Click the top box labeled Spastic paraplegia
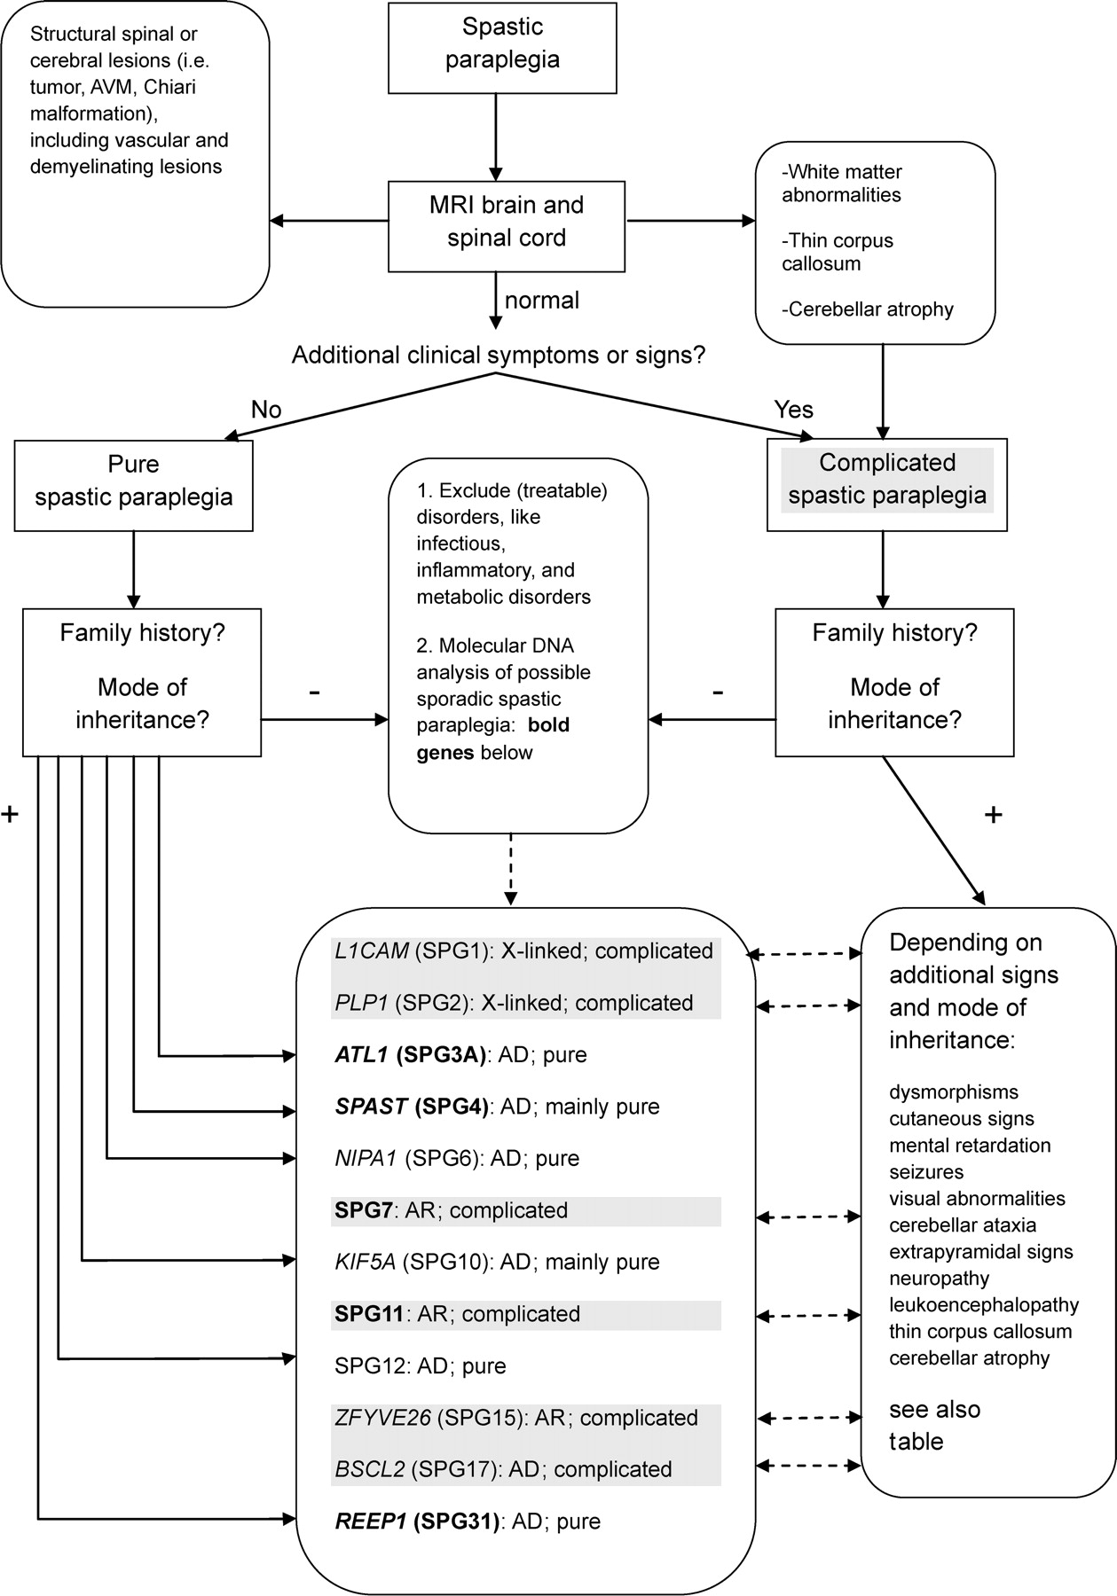tap(502, 43)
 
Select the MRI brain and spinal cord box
tap(507, 222)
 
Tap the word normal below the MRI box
tap(542, 301)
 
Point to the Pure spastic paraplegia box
tap(133, 481)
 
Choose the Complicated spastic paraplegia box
tap(887, 480)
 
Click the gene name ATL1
tap(361, 1055)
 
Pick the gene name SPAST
tap(371, 1107)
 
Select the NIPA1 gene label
tap(366, 1158)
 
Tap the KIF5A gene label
tap(365, 1262)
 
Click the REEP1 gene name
tap(370, 1522)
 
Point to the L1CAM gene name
tap(372, 951)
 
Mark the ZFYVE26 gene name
tap(382, 1418)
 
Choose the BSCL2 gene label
tap(370, 1469)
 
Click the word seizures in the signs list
tap(926, 1172)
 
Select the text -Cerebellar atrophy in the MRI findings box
tap(867, 309)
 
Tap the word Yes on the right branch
tap(793, 410)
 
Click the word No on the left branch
tap(266, 409)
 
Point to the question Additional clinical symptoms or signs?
tap(499, 356)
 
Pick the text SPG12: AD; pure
tap(420, 1365)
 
